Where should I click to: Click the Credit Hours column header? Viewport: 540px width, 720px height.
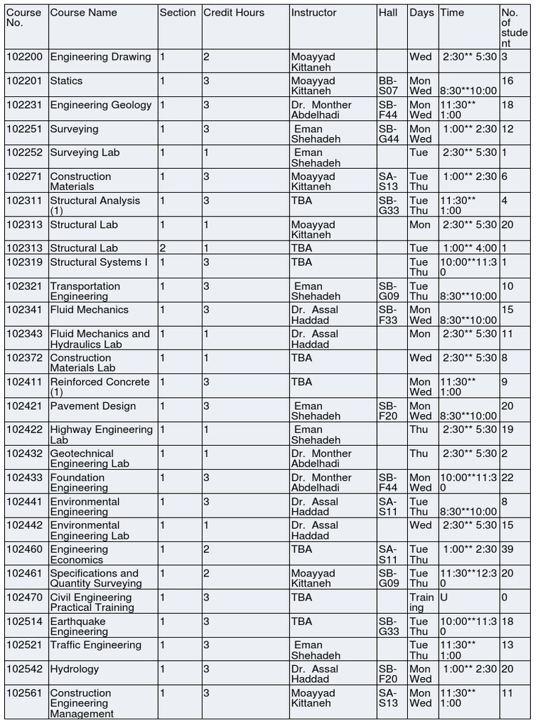pyautogui.click(x=233, y=13)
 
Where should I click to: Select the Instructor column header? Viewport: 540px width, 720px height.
pyautogui.click(x=314, y=13)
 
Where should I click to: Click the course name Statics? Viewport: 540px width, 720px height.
pyautogui.click(x=66, y=81)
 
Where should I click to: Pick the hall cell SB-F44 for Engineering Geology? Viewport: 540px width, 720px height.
pyautogui.click(x=389, y=110)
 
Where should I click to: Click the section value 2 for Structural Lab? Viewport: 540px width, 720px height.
pyautogui.click(x=162, y=248)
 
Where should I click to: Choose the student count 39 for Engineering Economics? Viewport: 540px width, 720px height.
pyautogui.click(x=507, y=550)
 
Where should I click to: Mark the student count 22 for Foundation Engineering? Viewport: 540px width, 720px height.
pyautogui.click(x=507, y=478)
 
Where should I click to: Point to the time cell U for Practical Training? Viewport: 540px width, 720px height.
pyautogui.click(x=444, y=598)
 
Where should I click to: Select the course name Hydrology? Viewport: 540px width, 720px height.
pyautogui.click(x=75, y=669)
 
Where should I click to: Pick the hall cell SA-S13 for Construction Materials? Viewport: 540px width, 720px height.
pyautogui.click(x=388, y=181)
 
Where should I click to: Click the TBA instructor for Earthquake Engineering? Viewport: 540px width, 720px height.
pyautogui.click(x=302, y=622)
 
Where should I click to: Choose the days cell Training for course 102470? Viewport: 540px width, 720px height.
pyautogui.click(x=422, y=603)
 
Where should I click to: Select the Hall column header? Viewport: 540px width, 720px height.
pyautogui.click(x=387, y=13)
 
